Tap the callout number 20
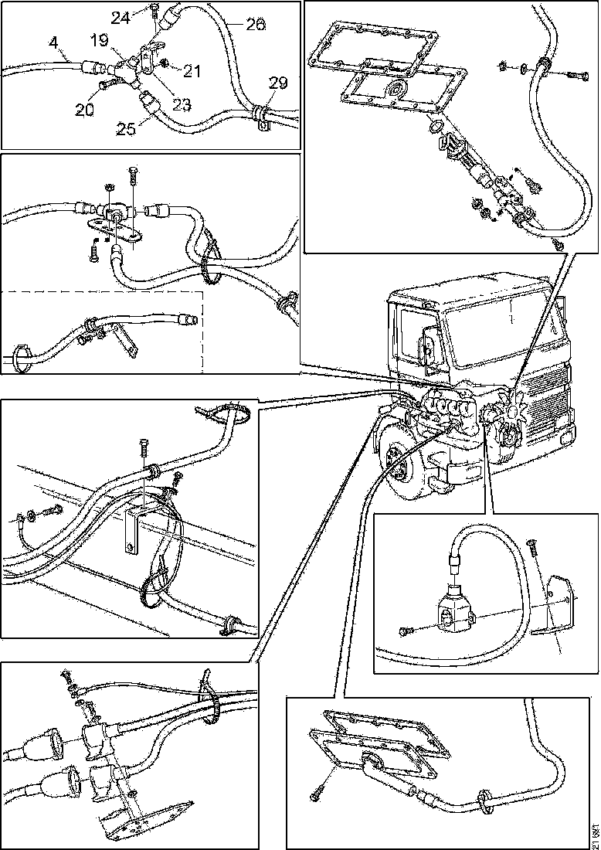tap(84, 110)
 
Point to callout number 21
tap(192, 72)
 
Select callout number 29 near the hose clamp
tap(277, 83)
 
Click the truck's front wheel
tap(400, 463)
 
